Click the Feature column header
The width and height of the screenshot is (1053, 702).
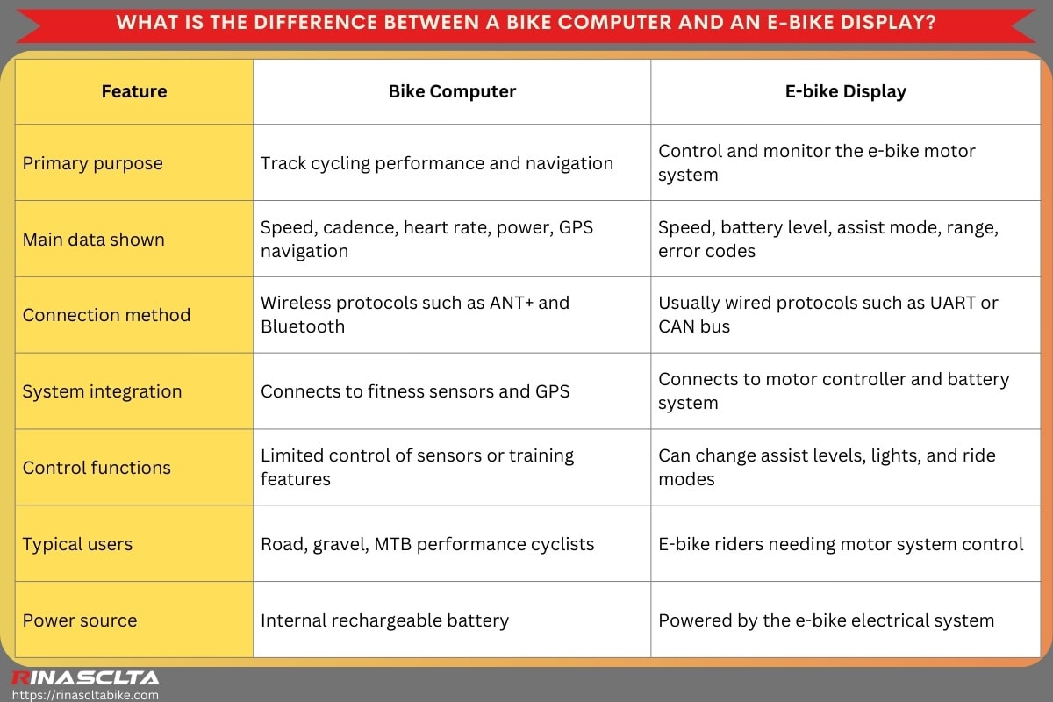(x=134, y=91)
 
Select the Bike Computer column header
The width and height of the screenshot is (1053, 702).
(x=452, y=91)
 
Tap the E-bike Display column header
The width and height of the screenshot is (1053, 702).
(x=845, y=91)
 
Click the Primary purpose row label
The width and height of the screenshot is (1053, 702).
(x=93, y=163)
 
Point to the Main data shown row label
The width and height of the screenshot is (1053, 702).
(x=94, y=240)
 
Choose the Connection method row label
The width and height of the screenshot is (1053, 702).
(x=106, y=315)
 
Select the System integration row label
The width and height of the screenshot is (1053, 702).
(x=102, y=391)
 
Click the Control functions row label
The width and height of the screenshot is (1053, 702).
(x=97, y=468)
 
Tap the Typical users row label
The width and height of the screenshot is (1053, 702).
(x=77, y=544)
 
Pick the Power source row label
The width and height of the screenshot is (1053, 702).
(x=80, y=620)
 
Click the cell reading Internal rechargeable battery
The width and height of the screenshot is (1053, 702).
(x=384, y=620)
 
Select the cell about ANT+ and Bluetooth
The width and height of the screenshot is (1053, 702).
(x=415, y=314)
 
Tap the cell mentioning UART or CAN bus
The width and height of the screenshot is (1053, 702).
(x=828, y=314)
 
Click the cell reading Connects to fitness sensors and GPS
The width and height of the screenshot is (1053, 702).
(x=415, y=391)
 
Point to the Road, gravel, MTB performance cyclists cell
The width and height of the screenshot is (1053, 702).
(x=427, y=544)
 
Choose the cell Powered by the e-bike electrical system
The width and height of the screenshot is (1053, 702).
(x=826, y=620)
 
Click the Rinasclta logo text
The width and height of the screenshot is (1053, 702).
(x=85, y=677)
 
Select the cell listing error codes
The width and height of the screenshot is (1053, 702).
(x=828, y=239)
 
